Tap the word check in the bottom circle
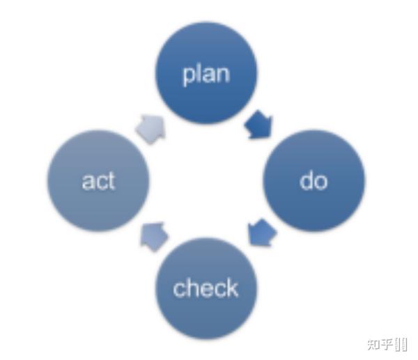point(206,288)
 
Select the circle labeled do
point(313,181)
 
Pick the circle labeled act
point(98,181)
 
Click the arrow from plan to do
point(259,126)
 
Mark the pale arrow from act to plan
point(151,127)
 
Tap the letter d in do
point(307,180)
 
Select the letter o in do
point(320,182)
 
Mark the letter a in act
point(87,182)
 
